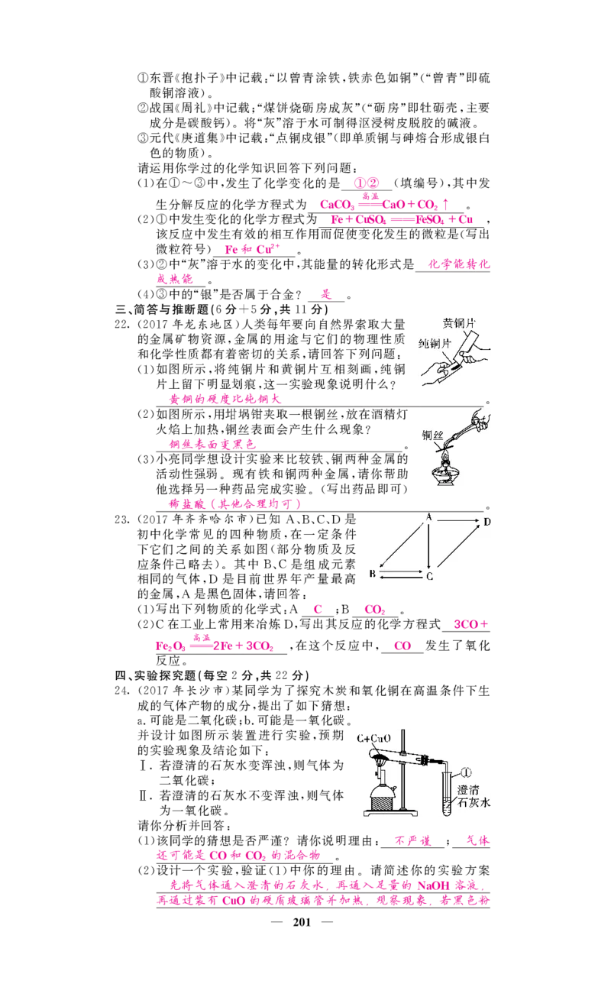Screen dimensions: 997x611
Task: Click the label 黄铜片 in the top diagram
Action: coord(463,324)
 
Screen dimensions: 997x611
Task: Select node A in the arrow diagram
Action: coord(429,518)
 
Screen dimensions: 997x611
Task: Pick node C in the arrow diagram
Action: coord(429,575)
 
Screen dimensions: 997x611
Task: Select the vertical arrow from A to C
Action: coord(429,546)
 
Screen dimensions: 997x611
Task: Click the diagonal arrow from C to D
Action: coord(458,549)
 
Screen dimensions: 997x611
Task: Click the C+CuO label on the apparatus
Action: coord(373,739)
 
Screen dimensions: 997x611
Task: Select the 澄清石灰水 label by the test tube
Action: coord(473,795)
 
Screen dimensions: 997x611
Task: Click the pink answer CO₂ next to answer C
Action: coord(374,610)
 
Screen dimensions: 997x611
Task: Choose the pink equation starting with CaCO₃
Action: coord(386,204)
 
